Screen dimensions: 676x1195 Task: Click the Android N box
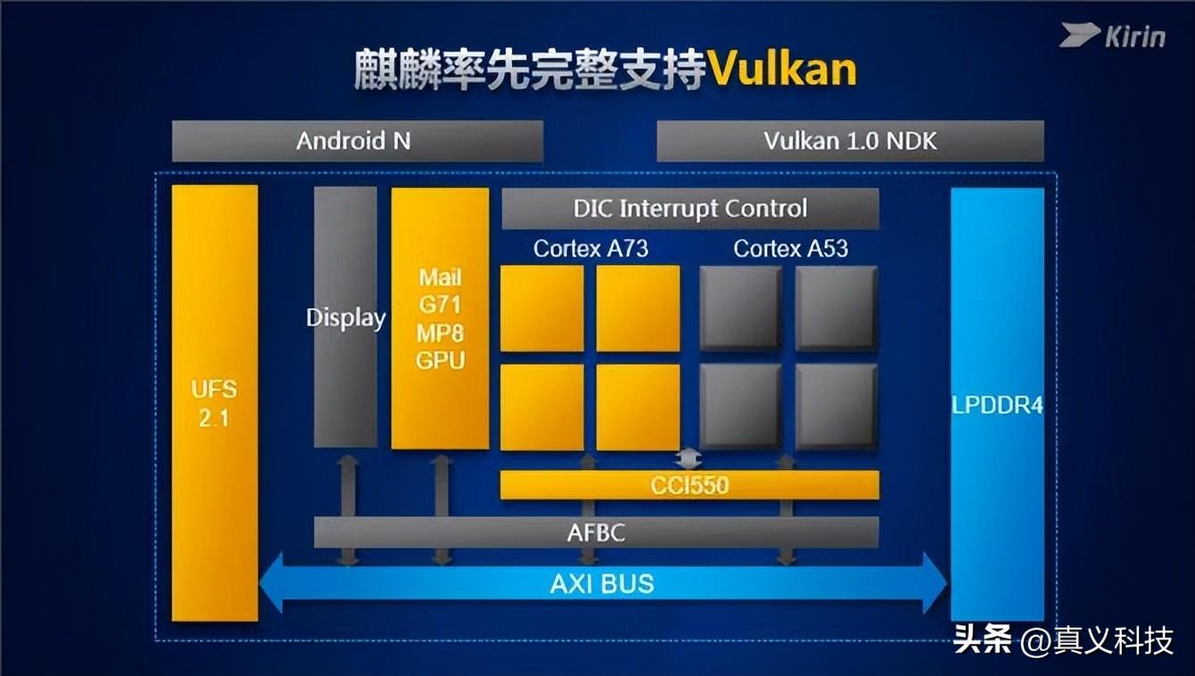[x=357, y=141]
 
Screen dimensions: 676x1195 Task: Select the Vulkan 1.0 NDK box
[x=850, y=141]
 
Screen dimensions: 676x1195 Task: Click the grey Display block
[x=345, y=317]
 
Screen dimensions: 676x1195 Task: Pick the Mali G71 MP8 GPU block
[x=441, y=318]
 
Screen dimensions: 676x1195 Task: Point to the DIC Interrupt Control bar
[x=689, y=209]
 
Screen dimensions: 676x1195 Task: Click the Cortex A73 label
[x=590, y=249]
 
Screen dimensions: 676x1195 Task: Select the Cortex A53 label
[x=790, y=249]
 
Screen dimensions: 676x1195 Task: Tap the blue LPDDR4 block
[x=996, y=404]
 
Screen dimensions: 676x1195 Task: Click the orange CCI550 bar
[x=689, y=485]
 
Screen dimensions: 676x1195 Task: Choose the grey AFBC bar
[x=596, y=532]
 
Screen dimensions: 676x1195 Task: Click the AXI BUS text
[x=602, y=584]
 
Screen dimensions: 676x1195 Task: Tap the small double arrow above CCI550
[x=688, y=458]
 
